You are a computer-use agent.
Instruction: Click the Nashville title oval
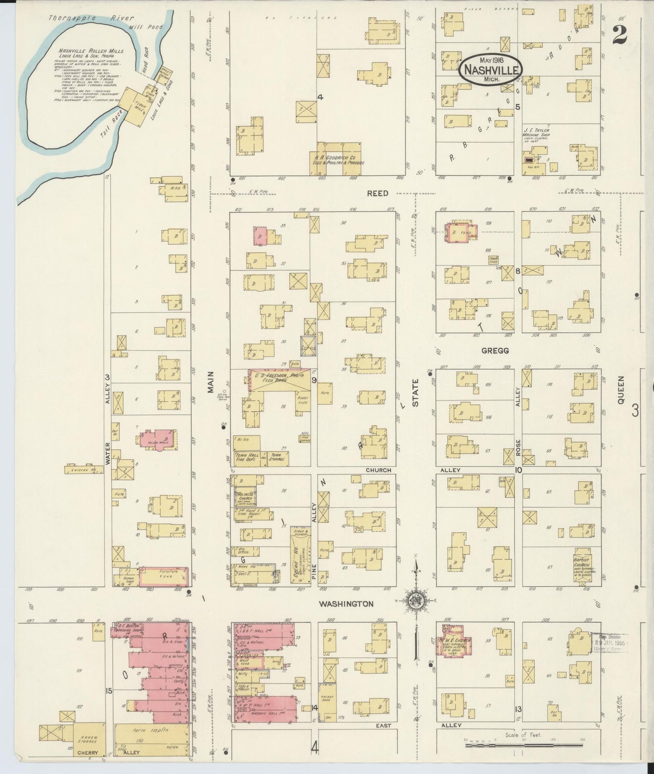pyautogui.click(x=491, y=69)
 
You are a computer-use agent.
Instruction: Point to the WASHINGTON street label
pyautogui.click(x=346, y=604)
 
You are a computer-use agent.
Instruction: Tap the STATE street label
pyautogui.click(x=415, y=392)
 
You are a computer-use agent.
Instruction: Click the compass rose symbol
pyautogui.click(x=415, y=601)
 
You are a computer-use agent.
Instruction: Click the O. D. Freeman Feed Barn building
pyautogui.click(x=279, y=378)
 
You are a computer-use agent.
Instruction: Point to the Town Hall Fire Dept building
pyautogui.click(x=247, y=458)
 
